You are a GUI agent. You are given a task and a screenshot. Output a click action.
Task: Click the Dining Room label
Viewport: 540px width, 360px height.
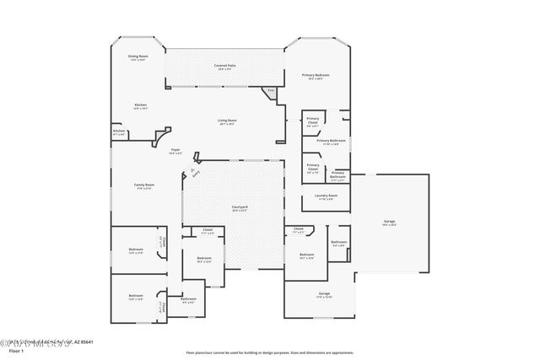138,56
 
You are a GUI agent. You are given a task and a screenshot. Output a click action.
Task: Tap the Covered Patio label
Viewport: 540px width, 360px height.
224,65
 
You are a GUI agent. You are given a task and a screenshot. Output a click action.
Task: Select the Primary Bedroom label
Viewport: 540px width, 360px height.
316,75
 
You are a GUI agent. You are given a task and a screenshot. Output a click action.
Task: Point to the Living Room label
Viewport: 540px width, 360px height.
226,121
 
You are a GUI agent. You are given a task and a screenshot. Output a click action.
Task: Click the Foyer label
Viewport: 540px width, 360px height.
175,149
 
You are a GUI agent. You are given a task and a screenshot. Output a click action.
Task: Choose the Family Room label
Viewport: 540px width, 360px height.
143,185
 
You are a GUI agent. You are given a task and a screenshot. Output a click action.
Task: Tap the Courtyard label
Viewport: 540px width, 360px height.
240,207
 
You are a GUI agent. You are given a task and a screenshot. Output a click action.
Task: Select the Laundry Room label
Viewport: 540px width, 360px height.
326,196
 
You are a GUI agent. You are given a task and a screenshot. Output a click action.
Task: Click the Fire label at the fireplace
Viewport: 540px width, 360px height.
271,90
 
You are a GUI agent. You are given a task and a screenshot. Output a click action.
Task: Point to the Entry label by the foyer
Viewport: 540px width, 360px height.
195,172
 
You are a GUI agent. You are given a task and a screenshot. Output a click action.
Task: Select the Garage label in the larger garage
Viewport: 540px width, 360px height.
389,221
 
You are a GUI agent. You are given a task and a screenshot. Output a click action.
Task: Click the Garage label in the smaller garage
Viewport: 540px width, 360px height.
324,294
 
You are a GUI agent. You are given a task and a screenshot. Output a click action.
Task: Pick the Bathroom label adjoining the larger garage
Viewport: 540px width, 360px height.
339,242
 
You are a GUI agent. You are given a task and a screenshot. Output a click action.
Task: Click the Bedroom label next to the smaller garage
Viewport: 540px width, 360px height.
306,254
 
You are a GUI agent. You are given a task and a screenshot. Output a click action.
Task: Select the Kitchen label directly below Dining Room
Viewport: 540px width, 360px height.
140,105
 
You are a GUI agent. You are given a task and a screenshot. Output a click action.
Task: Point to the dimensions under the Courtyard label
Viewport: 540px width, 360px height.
240,211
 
